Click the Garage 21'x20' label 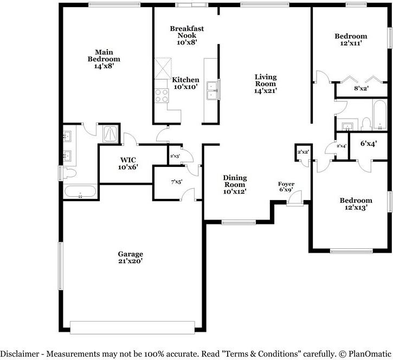click(x=130, y=258)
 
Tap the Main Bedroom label click(x=104, y=59)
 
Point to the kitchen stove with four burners click(x=162, y=95)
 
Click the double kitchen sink click(x=212, y=91)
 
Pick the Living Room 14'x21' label click(x=266, y=83)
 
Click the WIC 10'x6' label click(x=128, y=163)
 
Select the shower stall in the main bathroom click(x=110, y=134)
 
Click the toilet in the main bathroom click(x=69, y=173)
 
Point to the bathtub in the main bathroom click(x=80, y=192)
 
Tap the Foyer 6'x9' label click(x=286, y=187)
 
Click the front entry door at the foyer click(x=295, y=199)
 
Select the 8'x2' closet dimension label click(x=361, y=88)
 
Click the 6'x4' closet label click(x=369, y=144)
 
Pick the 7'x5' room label click(x=177, y=182)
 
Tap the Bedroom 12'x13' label click(x=356, y=204)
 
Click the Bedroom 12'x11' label click(x=351, y=40)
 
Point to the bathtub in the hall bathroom click(x=379, y=115)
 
